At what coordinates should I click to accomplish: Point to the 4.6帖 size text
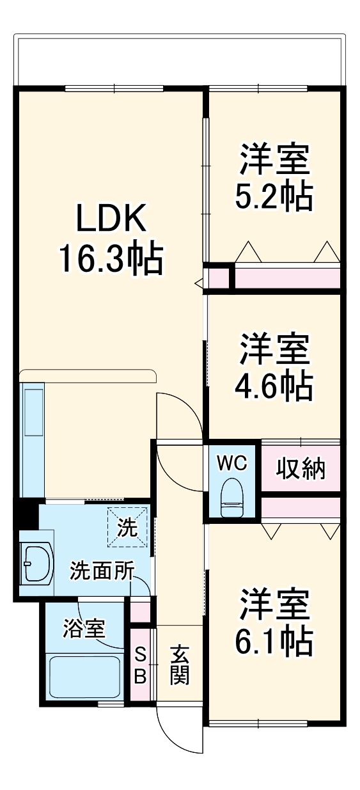point(274,385)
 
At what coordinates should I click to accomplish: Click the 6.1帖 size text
point(274,640)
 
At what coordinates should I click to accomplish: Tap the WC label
point(231,463)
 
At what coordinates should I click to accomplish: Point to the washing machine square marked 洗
point(128,527)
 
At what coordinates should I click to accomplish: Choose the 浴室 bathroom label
point(83,628)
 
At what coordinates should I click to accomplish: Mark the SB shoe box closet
point(141,666)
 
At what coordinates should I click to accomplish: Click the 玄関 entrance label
point(180,665)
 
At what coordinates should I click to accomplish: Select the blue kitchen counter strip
point(33,439)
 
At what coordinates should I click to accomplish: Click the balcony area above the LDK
point(179,61)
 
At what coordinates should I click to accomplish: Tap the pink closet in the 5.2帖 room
point(286,278)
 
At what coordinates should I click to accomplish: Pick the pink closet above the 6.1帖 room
point(299,507)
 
